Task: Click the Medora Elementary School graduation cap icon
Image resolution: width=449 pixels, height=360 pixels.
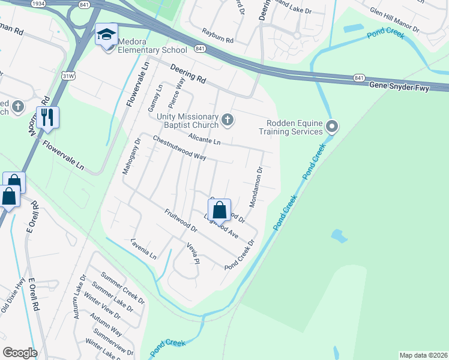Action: (106, 34)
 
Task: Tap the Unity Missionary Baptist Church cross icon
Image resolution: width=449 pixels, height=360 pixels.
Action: (227, 120)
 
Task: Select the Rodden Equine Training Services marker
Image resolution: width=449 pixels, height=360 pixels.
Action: (333, 127)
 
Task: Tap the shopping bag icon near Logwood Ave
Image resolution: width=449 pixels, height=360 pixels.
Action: (219, 210)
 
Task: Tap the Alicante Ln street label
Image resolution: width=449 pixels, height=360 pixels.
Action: (204, 139)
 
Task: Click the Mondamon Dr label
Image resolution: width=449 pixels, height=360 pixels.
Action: (256, 187)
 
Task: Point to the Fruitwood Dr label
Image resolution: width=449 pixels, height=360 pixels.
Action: (181, 221)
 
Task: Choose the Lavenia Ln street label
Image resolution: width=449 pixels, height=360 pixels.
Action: (143, 249)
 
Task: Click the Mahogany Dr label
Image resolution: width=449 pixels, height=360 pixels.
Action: (131, 157)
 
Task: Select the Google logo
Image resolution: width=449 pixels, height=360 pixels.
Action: (20, 353)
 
